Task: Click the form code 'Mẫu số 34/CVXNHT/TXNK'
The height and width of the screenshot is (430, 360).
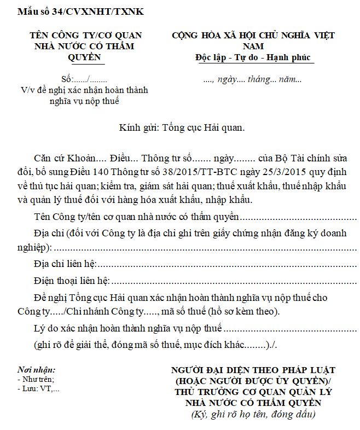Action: pos(81,10)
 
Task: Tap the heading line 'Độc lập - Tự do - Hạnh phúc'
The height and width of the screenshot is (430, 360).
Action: pos(254,57)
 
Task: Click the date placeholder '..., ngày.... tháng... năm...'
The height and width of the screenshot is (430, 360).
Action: pos(252,79)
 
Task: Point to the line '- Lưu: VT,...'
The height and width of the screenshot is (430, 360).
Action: pos(39,389)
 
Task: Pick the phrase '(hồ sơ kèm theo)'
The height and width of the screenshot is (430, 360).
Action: pos(248,312)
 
